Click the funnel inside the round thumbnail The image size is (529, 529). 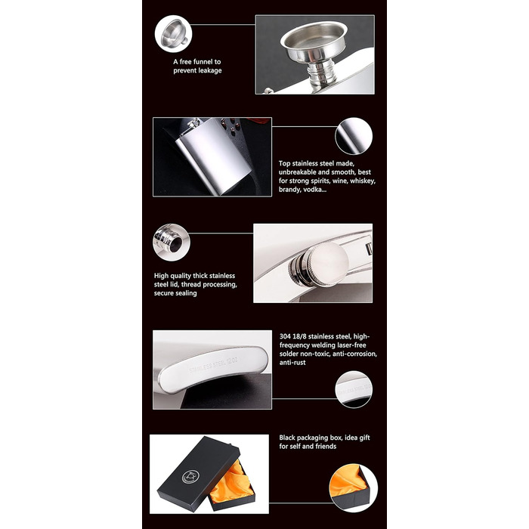(173, 34)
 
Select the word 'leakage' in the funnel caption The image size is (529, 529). (209, 70)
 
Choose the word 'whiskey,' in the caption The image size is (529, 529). (363, 181)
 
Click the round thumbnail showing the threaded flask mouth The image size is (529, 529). (172, 243)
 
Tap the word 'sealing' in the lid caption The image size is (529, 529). (185, 293)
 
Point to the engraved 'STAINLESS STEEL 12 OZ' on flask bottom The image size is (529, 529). (213, 365)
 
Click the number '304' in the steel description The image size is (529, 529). (285, 336)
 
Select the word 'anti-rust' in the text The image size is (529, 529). (292, 363)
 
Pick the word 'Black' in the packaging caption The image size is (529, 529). (287, 438)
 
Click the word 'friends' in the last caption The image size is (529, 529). (326, 447)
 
